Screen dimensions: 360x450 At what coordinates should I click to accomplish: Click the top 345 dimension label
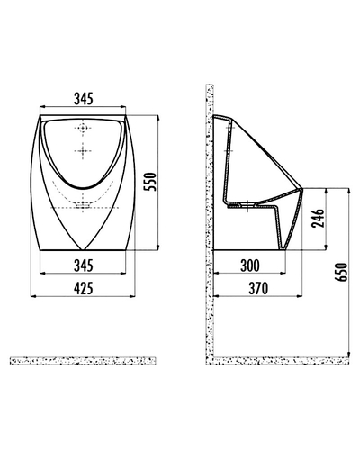(84, 99)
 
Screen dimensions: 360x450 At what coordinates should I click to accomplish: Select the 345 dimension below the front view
(84, 265)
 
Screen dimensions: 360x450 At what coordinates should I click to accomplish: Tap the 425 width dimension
(84, 288)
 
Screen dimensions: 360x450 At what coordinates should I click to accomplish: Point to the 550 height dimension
(150, 182)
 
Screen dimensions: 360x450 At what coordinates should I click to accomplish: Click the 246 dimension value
(318, 218)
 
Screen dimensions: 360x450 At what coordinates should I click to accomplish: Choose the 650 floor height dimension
(341, 272)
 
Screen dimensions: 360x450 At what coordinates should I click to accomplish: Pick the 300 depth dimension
(250, 265)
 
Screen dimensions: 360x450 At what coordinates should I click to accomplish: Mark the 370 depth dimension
(258, 288)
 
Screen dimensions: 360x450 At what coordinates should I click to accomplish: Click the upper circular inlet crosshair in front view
(83, 128)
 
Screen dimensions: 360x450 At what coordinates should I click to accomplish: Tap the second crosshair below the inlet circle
(83, 151)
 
